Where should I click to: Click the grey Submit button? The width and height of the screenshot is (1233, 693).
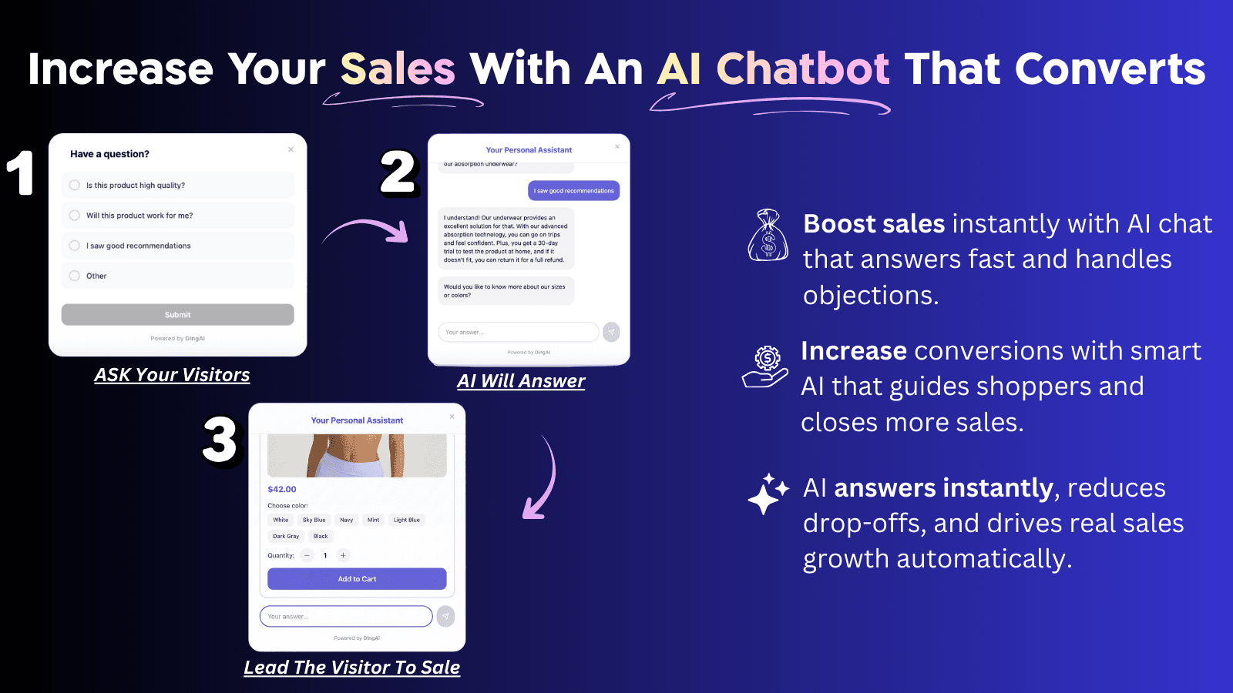(177, 314)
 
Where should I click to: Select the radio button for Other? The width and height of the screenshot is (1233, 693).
(75, 276)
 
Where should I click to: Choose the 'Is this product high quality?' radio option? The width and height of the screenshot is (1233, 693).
(75, 185)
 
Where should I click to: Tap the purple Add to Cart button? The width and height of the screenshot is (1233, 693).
(357, 579)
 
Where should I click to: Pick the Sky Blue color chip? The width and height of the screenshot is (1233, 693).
(314, 520)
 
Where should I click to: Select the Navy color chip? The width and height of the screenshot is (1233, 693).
(347, 520)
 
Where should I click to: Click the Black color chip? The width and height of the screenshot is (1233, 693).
(321, 536)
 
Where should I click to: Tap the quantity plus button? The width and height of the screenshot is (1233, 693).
(344, 555)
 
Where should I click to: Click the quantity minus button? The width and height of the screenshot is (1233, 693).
(307, 555)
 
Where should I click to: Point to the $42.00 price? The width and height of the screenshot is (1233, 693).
(282, 489)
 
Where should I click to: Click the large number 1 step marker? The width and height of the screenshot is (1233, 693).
(21, 172)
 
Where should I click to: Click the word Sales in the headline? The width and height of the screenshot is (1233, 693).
(398, 69)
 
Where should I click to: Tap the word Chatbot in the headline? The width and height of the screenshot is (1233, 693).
(803, 69)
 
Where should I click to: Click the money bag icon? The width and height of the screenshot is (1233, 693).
(768, 235)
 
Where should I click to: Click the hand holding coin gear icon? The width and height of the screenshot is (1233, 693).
(764, 367)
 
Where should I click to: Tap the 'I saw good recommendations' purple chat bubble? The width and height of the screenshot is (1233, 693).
(574, 191)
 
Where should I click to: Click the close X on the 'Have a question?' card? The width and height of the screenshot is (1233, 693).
(291, 149)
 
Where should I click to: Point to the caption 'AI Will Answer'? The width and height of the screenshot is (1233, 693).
(521, 381)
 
